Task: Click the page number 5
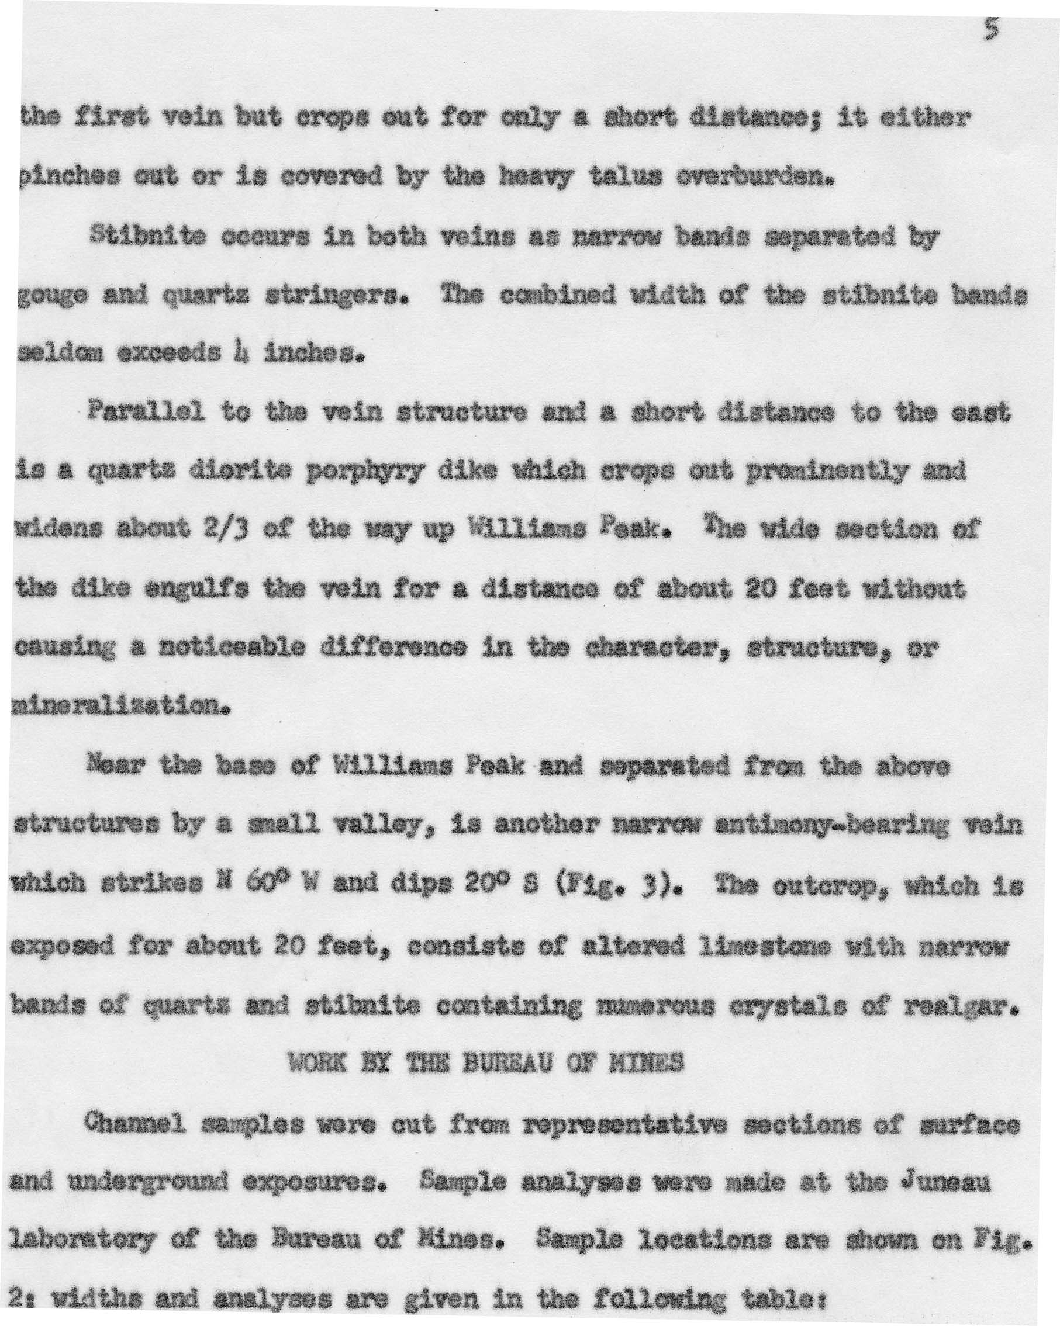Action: click(x=989, y=30)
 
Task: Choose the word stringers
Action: click(x=333, y=296)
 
